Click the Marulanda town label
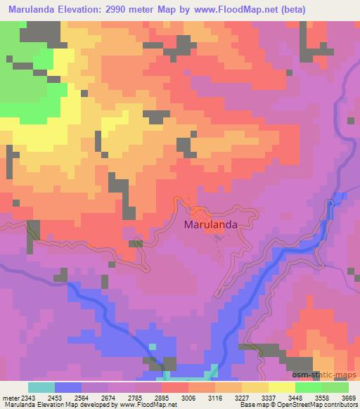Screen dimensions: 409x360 click(210, 225)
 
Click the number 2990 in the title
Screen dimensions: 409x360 click(136, 10)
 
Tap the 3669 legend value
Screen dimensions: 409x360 click(349, 397)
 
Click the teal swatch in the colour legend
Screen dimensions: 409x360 click(41, 387)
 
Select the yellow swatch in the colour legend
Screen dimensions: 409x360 click(282, 387)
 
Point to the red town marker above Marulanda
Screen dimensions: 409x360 click(200, 213)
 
